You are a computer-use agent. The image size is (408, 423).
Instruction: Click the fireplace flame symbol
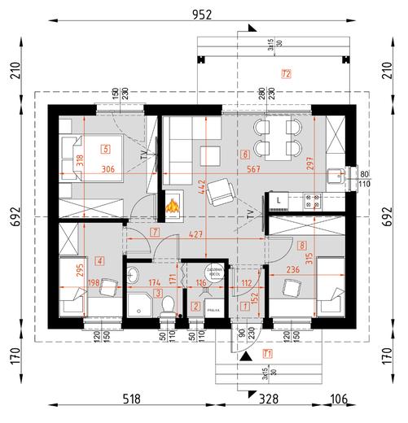(173, 207)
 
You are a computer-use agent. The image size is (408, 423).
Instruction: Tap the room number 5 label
(106, 149)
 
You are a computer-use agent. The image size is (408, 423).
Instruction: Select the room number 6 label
(244, 153)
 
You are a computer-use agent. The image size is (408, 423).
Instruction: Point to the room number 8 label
(302, 244)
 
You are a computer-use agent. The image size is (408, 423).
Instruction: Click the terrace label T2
(286, 74)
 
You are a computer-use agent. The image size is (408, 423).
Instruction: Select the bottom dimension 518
(131, 399)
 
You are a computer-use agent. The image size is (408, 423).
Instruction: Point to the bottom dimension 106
(340, 399)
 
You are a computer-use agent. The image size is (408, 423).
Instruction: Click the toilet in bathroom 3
(168, 304)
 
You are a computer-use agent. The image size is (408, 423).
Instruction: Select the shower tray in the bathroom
(139, 305)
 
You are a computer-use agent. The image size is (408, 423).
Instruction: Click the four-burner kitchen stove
(309, 200)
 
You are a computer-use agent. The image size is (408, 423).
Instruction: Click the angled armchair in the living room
(221, 192)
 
